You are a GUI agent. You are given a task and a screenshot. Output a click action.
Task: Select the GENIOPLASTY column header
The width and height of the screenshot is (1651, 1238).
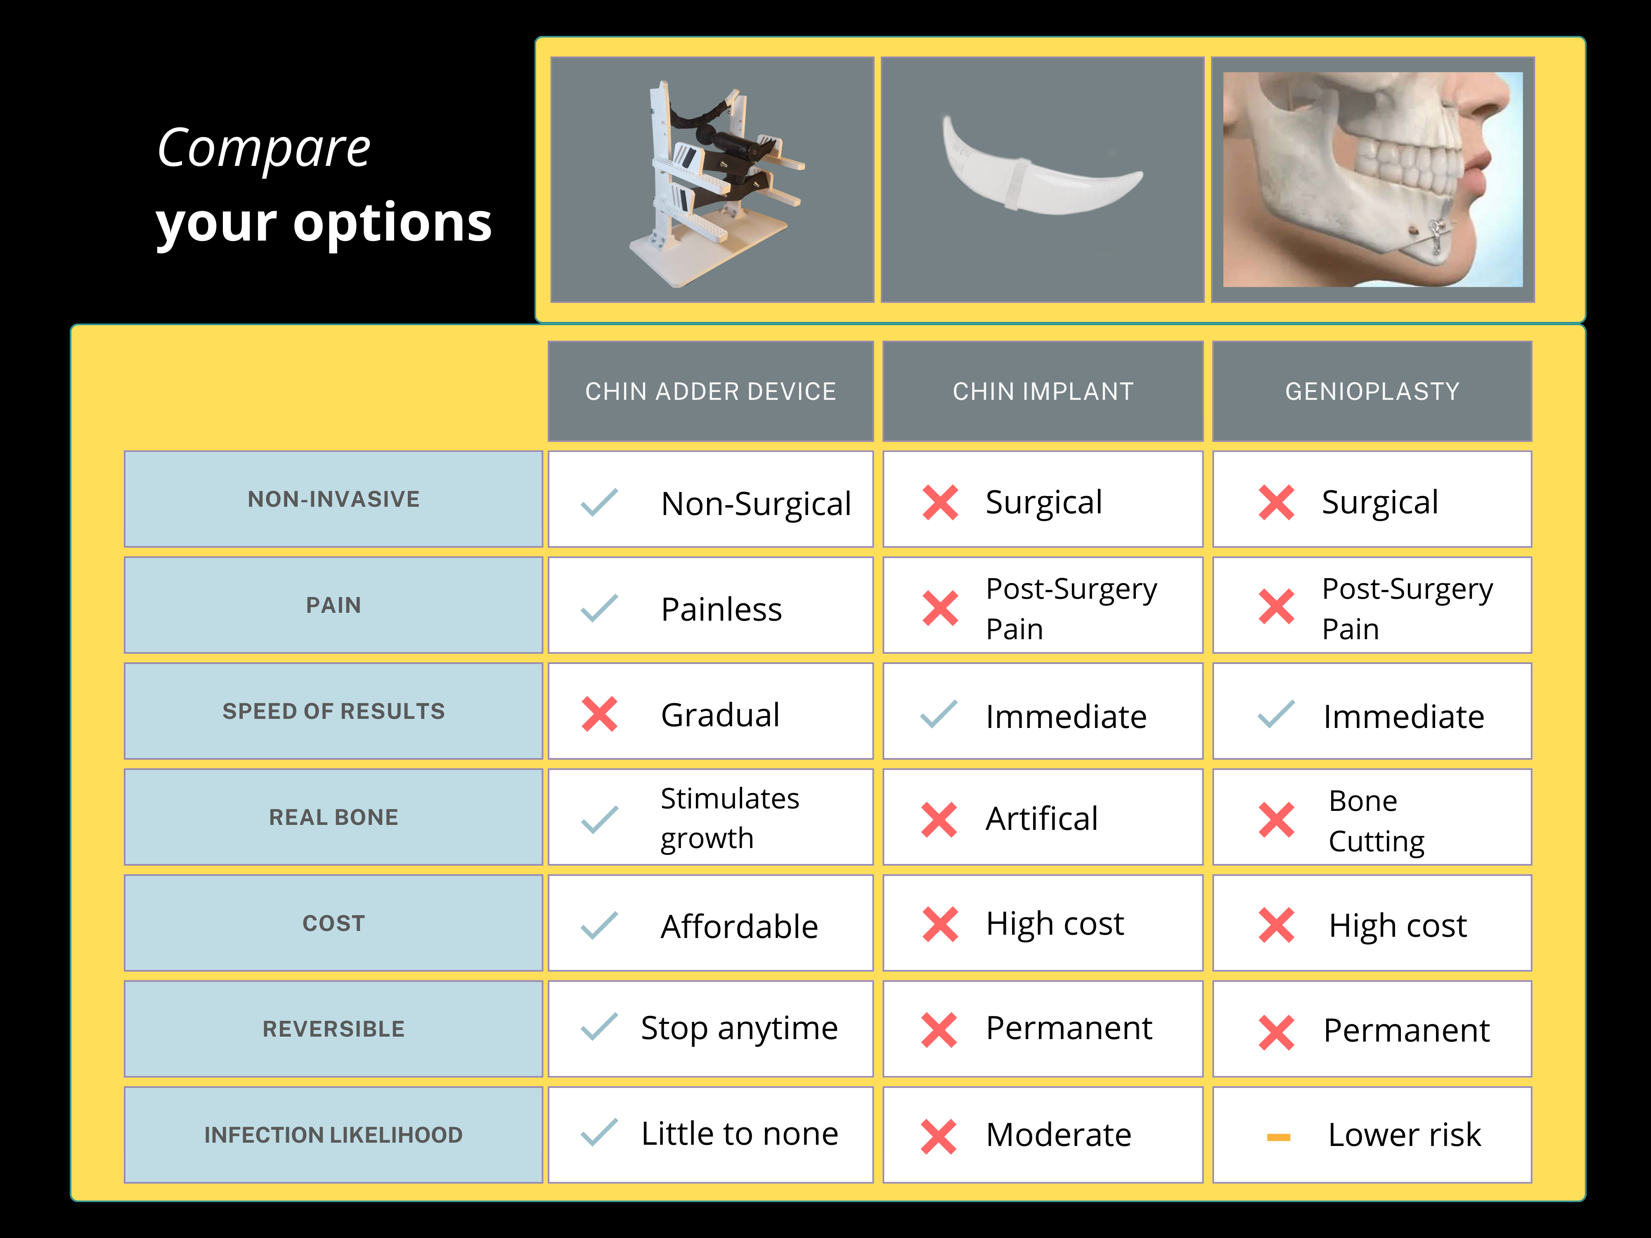(x=1372, y=391)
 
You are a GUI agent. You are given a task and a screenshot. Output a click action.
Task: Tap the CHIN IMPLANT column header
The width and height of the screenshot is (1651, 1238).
(x=1043, y=391)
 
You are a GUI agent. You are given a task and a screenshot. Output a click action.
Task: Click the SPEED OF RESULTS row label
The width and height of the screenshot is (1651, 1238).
(x=333, y=711)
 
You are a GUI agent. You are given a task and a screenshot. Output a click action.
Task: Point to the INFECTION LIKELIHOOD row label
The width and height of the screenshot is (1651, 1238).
(x=333, y=1135)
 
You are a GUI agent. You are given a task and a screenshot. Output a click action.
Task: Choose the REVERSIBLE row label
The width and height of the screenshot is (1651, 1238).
(x=333, y=1029)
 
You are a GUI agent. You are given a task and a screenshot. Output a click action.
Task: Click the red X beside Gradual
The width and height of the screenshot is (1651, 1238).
(x=599, y=714)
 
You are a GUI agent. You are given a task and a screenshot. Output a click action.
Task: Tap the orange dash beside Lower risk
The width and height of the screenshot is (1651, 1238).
(x=1279, y=1137)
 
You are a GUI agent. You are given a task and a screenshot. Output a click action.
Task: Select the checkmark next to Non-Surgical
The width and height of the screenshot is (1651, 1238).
(x=599, y=502)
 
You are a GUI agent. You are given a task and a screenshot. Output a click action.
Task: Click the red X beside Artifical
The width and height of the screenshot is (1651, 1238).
(x=939, y=820)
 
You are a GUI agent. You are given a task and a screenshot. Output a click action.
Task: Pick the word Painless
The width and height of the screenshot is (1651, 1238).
(x=721, y=610)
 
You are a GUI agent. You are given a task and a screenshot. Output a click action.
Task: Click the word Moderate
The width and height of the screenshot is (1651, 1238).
(x=1058, y=1135)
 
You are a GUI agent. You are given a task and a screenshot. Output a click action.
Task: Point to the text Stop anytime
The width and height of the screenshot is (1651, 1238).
(x=739, y=1029)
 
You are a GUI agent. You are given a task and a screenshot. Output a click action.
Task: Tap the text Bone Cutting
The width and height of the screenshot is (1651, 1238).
(x=1377, y=821)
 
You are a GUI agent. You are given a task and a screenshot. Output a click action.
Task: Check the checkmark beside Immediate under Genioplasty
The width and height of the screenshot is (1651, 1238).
(x=1276, y=714)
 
